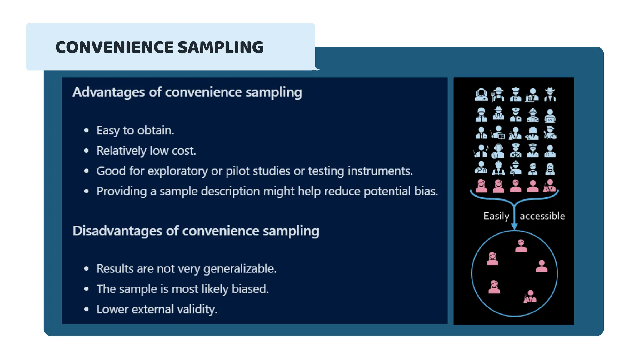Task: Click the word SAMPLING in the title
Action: [221, 47]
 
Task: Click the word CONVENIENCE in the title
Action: [114, 47]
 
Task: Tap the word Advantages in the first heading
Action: [108, 92]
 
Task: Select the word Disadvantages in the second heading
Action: [117, 231]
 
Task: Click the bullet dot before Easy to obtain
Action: [87, 130]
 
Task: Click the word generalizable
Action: [240, 269]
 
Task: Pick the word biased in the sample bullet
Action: [250, 289]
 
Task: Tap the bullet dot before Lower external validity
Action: [87, 309]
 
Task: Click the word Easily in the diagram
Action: [496, 216]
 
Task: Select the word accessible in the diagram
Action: [542, 216]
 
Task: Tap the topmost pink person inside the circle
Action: [521, 246]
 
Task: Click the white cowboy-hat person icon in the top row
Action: [550, 94]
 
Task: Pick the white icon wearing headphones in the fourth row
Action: [498, 151]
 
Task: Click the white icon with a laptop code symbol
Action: [550, 116]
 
